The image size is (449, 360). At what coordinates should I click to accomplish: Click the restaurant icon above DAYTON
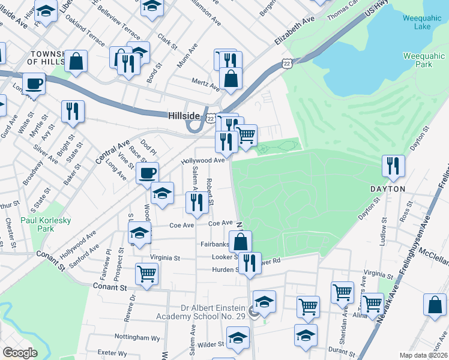point(393,166)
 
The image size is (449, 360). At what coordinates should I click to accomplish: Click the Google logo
point(20,353)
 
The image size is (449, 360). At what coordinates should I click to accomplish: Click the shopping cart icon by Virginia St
point(146,274)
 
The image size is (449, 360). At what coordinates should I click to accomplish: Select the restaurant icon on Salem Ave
point(196,203)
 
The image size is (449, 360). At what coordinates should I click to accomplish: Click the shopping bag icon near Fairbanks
point(240,242)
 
